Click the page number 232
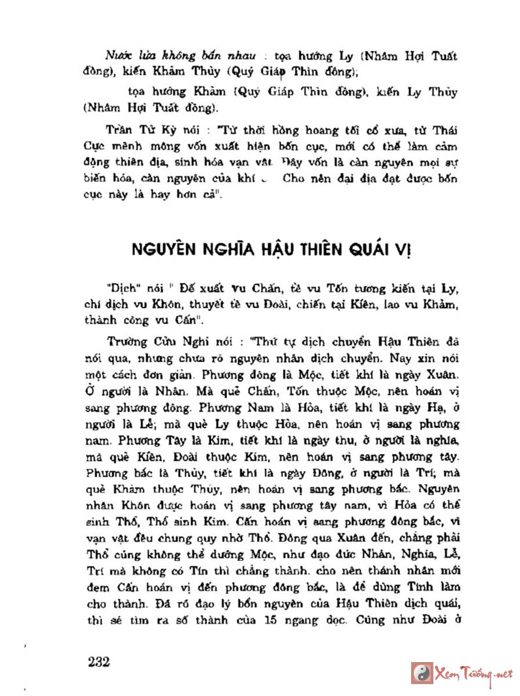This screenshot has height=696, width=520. [98, 661]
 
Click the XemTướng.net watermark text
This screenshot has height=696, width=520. [474, 674]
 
